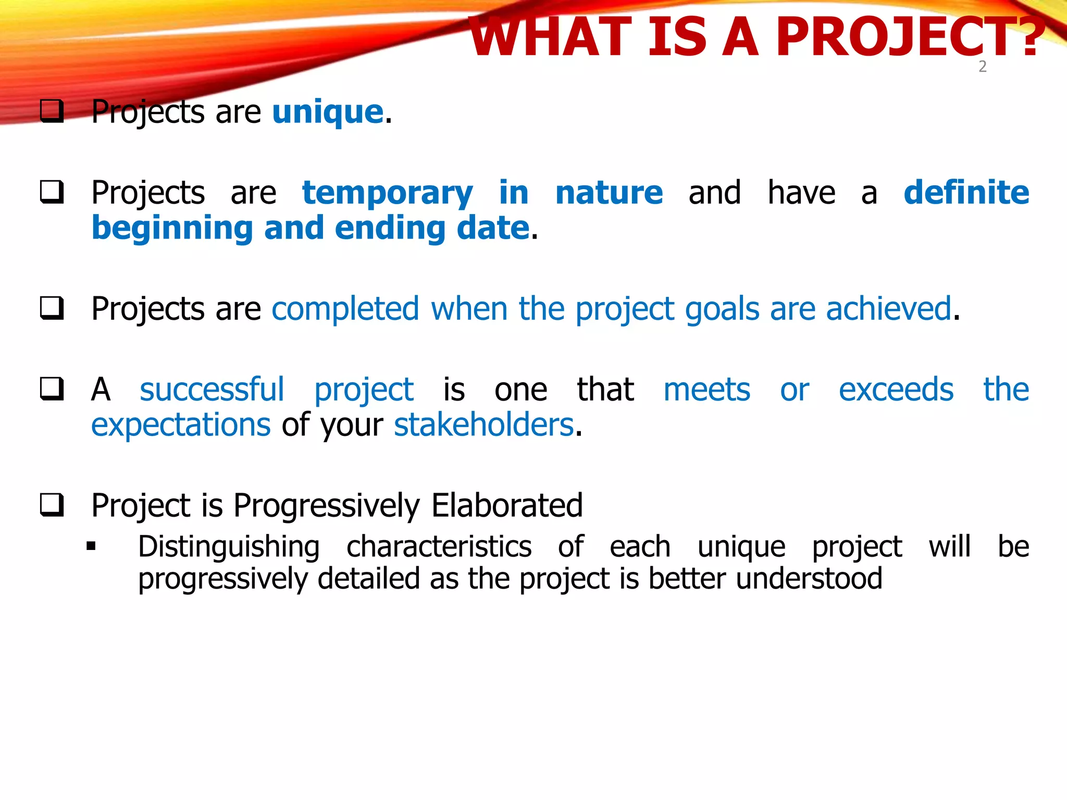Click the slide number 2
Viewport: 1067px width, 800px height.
coord(983,67)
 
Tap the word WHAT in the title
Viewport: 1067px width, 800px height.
coord(550,37)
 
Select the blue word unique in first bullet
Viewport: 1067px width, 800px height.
coord(328,112)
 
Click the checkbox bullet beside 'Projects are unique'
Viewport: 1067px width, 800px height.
coord(52,111)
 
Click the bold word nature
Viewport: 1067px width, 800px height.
coord(609,193)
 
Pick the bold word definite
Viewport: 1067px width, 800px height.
coord(966,193)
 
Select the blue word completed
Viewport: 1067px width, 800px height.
coord(345,309)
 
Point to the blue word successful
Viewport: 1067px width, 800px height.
coord(212,390)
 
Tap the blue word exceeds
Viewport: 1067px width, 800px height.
coord(896,390)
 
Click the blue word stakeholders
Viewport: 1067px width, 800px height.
coord(483,425)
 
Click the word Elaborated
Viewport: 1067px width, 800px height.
coord(506,505)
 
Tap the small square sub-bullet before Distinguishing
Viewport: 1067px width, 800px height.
coord(92,546)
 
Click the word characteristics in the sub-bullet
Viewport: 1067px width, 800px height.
coord(439,547)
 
